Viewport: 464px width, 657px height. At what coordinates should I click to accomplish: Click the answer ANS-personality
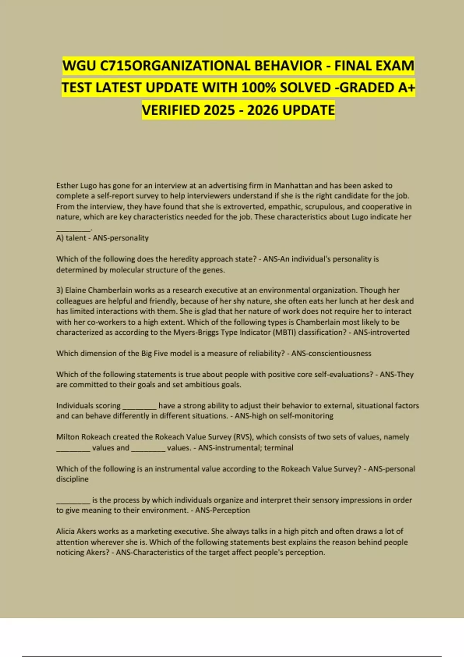[x=121, y=238]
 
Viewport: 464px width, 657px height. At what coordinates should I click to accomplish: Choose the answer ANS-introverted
[x=381, y=332]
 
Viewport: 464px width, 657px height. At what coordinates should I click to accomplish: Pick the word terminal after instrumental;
[x=279, y=448]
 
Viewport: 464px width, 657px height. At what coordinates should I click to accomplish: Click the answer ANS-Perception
[x=222, y=511]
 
